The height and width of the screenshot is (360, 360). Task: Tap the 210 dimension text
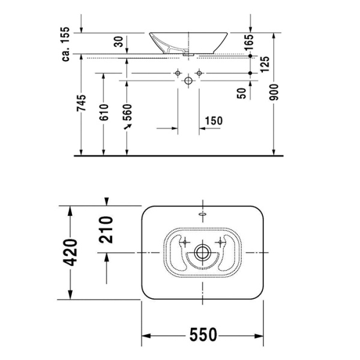(106, 229)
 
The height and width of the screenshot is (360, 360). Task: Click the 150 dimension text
(213, 121)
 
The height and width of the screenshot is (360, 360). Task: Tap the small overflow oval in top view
(202, 214)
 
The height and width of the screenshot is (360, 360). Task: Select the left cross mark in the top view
(185, 242)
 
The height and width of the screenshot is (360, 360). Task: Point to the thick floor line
(180, 155)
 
